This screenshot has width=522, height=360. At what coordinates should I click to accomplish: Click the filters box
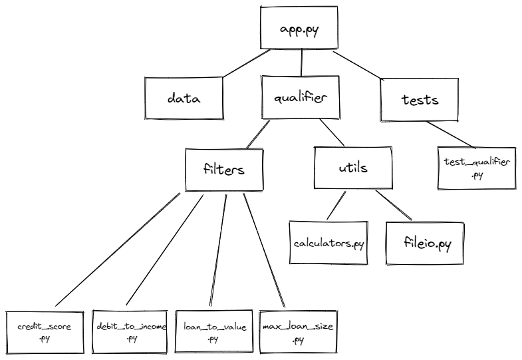pos(223,168)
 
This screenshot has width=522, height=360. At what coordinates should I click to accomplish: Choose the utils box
pos(352,168)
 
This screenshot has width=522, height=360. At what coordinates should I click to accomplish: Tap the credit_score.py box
pos(45,333)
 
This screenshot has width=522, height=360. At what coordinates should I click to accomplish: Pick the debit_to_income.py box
pos(129,331)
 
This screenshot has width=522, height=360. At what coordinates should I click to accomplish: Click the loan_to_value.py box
pos(213,331)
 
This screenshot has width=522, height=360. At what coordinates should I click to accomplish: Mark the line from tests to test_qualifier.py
pos(452,134)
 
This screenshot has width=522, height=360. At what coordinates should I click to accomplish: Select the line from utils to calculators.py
pos(336,206)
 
